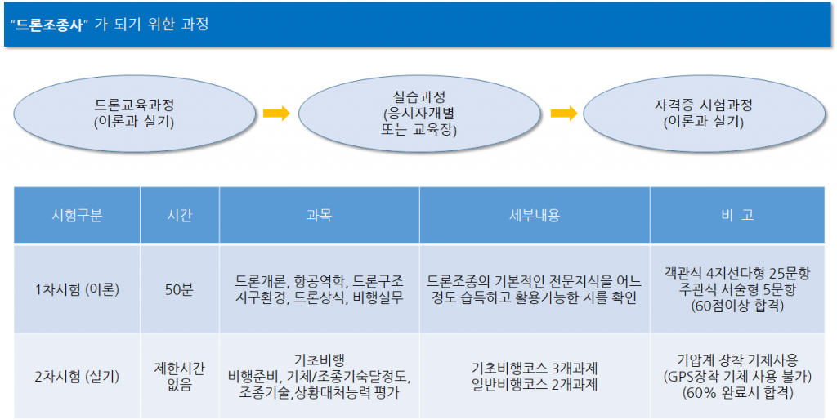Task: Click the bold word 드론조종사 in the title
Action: pos(50,25)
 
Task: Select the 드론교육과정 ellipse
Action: pos(135,114)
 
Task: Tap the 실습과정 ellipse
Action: pos(419,114)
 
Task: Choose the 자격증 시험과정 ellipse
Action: pos(704,114)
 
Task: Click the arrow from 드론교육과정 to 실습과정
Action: pos(276,113)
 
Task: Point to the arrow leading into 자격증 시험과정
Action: pos(564,113)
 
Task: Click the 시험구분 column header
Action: pos(77,215)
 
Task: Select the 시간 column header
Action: pos(179,215)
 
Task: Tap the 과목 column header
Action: pos(320,215)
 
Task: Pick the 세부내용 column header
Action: pos(535,215)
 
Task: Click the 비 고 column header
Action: pos(737,215)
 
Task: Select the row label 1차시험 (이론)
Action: pos(77,290)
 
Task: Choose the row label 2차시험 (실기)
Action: pos(77,377)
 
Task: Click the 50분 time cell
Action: pos(179,290)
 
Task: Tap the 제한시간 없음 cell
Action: pos(179,377)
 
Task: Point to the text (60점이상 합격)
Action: pos(737,306)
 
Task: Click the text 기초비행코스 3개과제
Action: pos(535,369)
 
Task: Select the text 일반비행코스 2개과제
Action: pos(535,385)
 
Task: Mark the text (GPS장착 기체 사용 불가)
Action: pos(737,377)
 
